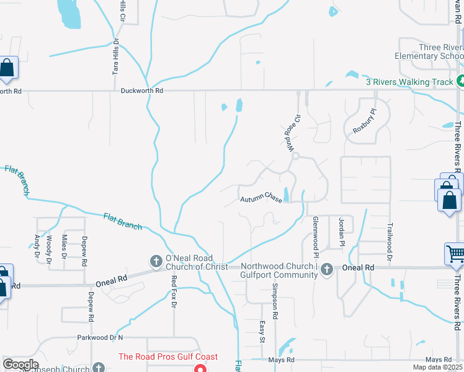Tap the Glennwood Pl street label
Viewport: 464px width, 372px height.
[315, 237]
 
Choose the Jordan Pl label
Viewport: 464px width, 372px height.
[341, 232]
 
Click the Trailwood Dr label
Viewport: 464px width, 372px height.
[390, 241]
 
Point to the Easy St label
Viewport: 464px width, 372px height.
[262, 331]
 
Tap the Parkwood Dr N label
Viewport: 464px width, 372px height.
[100, 338]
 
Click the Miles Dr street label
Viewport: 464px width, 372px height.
[64, 246]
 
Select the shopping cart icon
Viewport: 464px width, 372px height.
[455, 254]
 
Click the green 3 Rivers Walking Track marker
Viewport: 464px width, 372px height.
[460, 81]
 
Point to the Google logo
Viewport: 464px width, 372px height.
[20, 365]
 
